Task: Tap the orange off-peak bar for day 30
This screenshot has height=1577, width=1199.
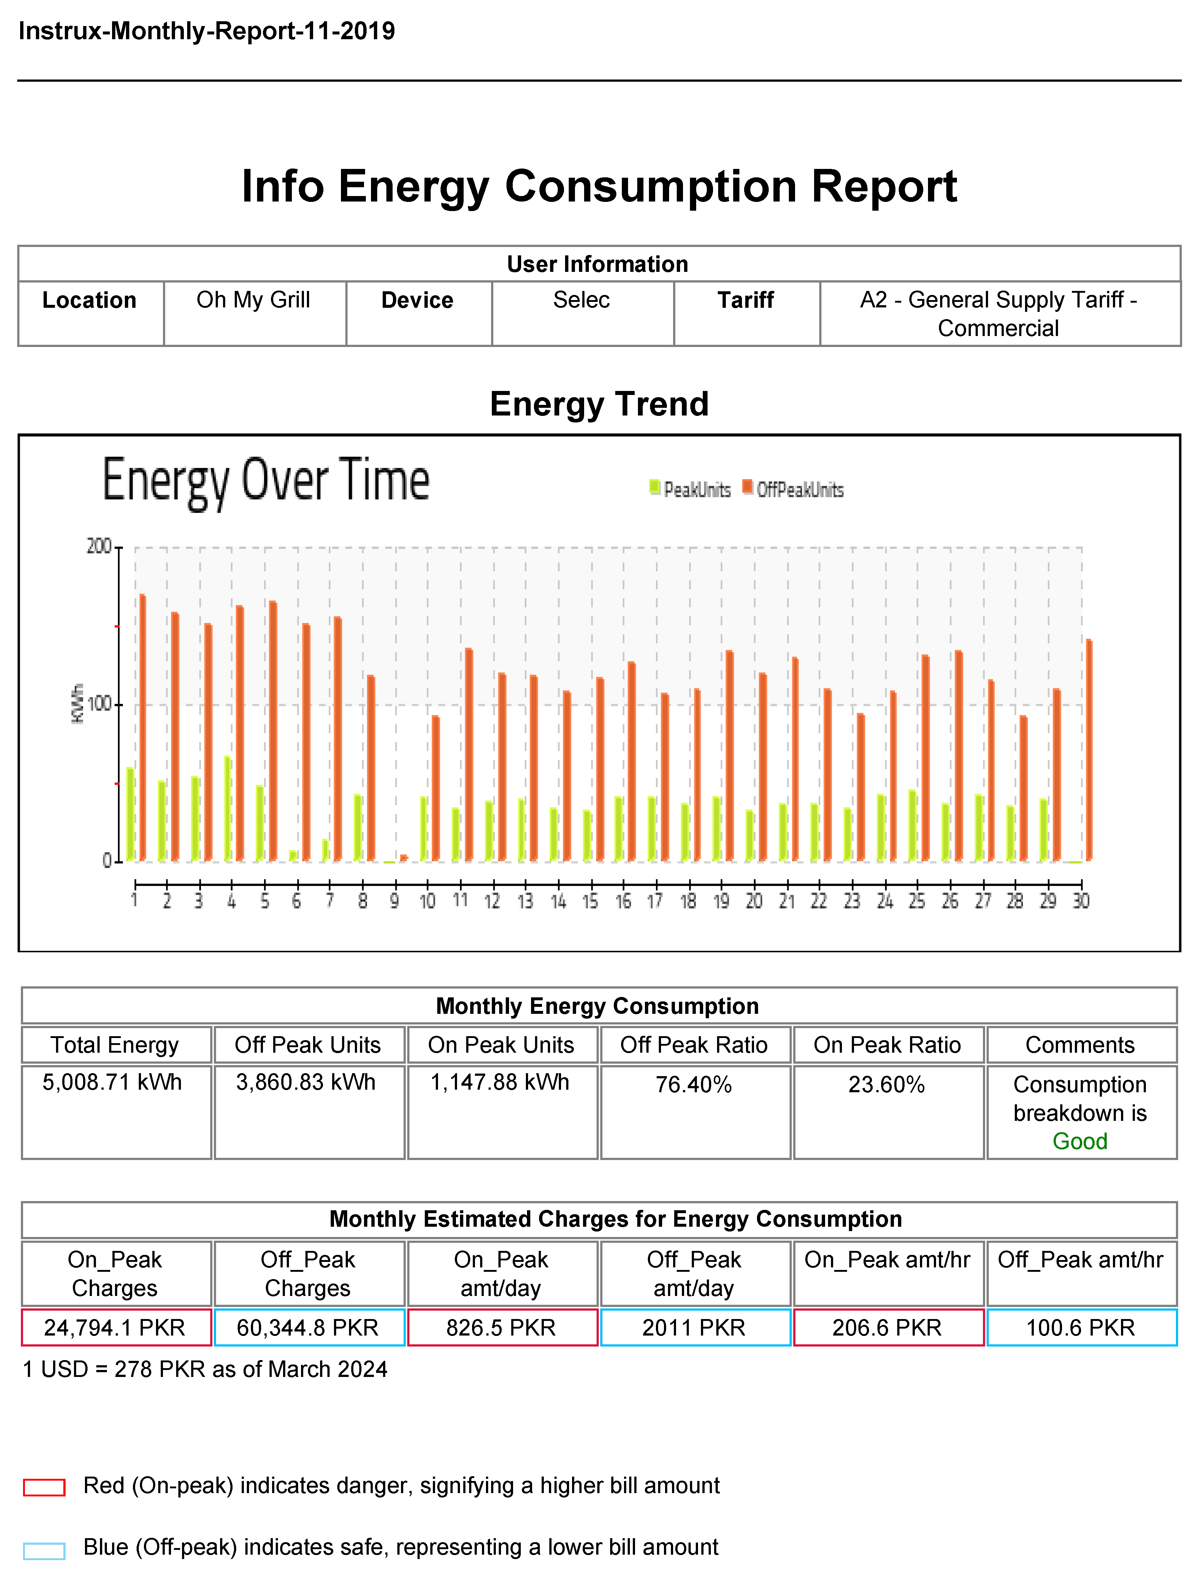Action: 1089,750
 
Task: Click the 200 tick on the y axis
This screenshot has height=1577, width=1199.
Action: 99,547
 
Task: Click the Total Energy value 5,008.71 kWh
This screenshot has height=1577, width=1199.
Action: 113,1082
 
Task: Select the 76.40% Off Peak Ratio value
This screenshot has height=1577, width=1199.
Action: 694,1085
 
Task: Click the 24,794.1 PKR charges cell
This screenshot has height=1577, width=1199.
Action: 115,1327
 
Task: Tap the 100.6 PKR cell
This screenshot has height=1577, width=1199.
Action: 1080,1327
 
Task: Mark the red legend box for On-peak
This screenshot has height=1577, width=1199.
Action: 44,1487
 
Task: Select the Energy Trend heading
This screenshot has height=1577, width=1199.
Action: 599,404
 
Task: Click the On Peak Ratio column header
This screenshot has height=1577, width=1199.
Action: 887,1045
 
